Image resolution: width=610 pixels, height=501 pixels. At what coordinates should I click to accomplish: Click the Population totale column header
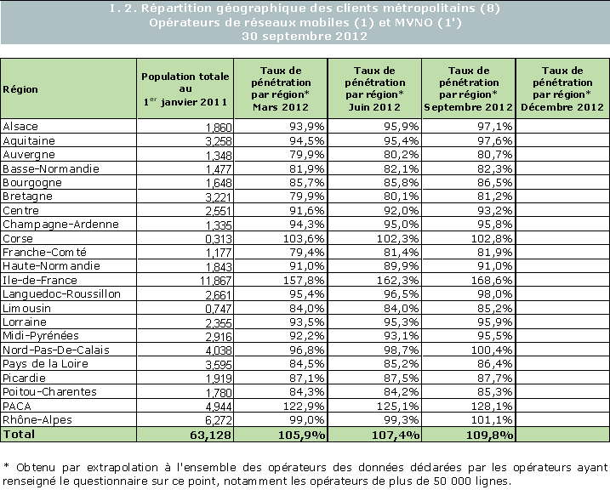(185, 88)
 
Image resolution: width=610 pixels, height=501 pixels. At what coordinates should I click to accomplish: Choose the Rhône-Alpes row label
(30, 419)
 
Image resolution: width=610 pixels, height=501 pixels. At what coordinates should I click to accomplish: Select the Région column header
(20, 88)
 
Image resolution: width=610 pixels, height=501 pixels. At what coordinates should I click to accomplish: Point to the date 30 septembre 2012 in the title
(305, 37)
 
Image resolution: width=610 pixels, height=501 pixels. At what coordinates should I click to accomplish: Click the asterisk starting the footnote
(6, 467)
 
